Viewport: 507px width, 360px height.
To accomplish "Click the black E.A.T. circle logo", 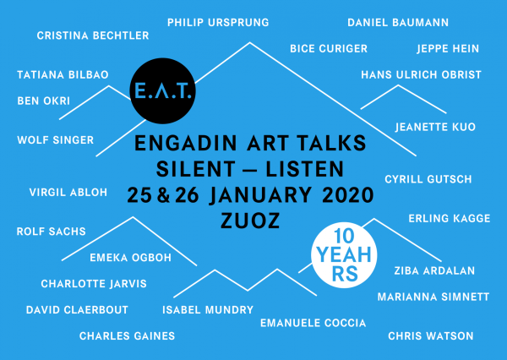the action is point(162,91).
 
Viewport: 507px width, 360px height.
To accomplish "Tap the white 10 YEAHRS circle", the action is point(344,255).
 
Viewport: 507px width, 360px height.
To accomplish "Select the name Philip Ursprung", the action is point(218,22).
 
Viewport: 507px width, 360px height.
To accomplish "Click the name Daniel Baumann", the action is point(398,22).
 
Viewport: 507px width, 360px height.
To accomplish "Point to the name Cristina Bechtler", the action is point(93,35).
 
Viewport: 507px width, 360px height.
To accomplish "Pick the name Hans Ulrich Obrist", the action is point(422,74).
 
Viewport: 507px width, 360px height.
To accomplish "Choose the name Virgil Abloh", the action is point(68,192).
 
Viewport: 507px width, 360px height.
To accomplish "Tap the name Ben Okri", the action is point(44,101).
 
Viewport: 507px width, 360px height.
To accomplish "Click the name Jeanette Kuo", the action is point(435,127).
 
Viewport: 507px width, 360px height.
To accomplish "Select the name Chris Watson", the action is point(431,335).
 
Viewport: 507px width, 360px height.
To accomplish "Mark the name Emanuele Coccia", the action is point(313,323).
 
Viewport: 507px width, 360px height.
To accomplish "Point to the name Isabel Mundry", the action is point(208,309).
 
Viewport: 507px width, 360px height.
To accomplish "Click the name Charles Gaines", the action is point(127,335).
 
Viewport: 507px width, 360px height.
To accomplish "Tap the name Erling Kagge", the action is point(450,218).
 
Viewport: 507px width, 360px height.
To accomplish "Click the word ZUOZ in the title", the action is point(250,221).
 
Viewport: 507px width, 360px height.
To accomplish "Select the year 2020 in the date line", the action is point(348,195).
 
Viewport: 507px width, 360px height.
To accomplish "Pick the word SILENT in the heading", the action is point(196,169).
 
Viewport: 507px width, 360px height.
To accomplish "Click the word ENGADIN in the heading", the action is point(186,143).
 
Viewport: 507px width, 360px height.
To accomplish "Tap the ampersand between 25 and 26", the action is point(163,195).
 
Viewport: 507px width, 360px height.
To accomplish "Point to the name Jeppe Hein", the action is point(448,48).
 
